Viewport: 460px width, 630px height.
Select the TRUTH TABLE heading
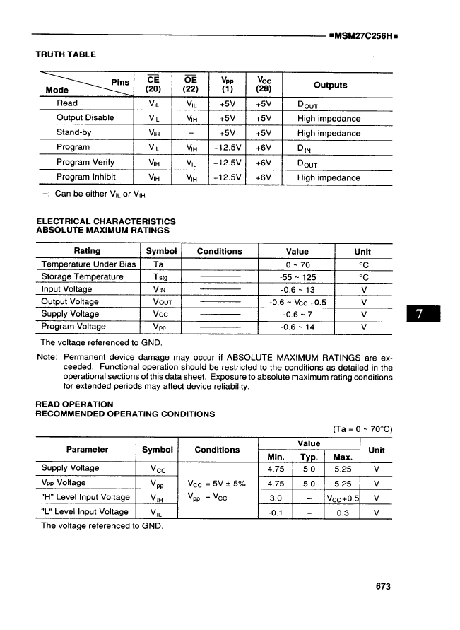pos(66,54)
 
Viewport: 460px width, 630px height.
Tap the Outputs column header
pos(330,85)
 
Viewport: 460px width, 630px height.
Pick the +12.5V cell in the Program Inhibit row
pos(227,177)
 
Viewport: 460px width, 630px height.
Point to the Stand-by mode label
pos(73,132)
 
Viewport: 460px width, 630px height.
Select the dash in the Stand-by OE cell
pos(190,133)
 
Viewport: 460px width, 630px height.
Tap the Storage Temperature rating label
pos(82,276)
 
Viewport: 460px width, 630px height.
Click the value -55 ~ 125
pos(297,277)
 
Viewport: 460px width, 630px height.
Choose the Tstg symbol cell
pos(159,277)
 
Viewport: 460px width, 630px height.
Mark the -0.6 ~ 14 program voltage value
pos(297,327)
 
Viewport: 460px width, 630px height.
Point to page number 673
pos(383,586)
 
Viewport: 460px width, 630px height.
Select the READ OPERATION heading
pos(74,404)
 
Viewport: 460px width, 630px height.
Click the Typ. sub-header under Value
pos(309,457)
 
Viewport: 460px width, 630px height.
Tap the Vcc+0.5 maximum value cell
pos(343,497)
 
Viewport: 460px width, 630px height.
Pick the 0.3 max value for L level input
pos(343,512)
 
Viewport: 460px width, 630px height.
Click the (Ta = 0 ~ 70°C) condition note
pos(362,428)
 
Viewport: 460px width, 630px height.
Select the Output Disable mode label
pos(85,118)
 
